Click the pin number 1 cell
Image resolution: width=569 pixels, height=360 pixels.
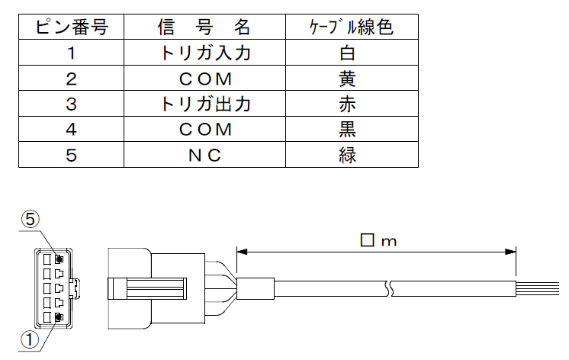coord(71,54)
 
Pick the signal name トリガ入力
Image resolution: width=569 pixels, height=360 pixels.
coord(204,54)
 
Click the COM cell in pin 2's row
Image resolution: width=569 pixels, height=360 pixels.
coord(204,79)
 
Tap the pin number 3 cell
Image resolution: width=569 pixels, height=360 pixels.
coord(71,104)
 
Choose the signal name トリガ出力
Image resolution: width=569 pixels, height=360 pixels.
coord(204,104)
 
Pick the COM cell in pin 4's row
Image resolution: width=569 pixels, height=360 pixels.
coord(204,130)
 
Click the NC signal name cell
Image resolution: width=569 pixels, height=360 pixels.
coord(204,155)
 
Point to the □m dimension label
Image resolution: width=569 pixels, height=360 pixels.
coord(378,241)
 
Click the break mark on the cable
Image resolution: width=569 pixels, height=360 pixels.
coord(390,290)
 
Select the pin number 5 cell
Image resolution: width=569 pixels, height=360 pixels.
coord(71,155)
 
